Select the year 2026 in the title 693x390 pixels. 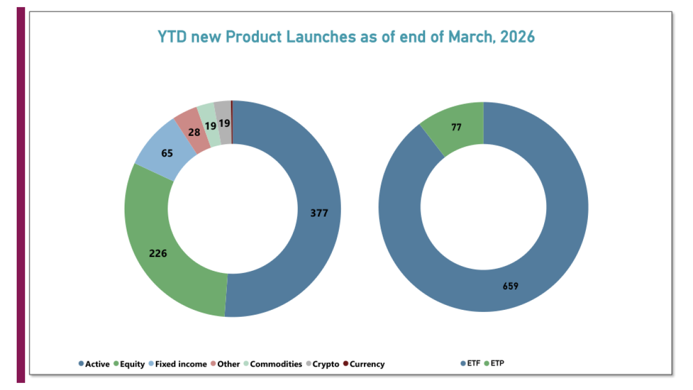click(518, 37)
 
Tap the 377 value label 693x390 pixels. click(319, 213)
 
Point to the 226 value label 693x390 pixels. click(158, 253)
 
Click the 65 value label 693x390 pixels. click(167, 153)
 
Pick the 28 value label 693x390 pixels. click(194, 132)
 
